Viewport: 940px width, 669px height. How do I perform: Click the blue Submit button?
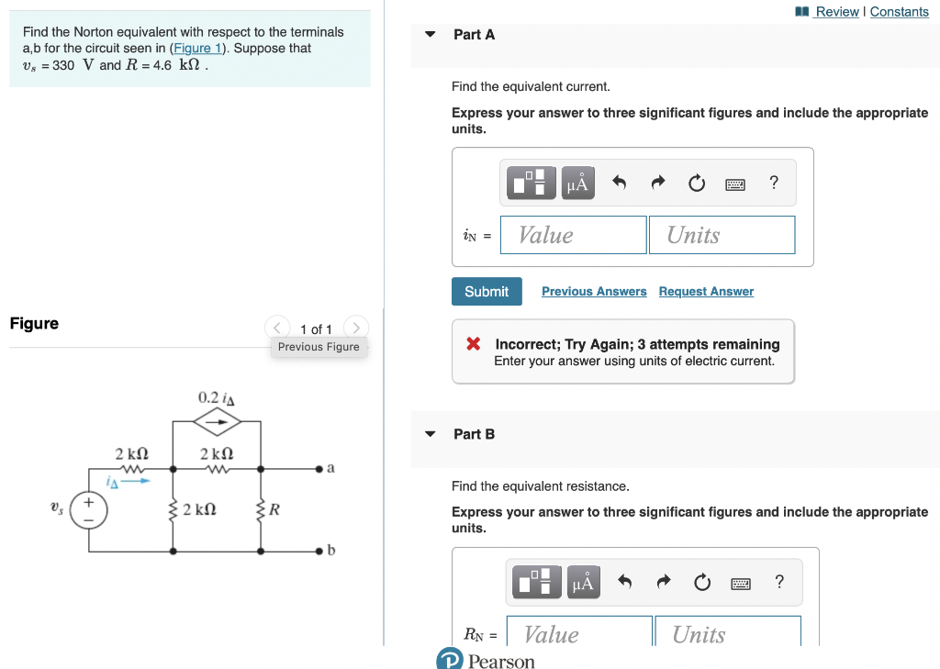(487, 292)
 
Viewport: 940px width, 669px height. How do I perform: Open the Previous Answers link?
(594, 292)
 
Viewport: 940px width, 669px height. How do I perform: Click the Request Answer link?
(706, 292)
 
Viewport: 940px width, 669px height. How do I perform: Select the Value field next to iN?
(574, 235)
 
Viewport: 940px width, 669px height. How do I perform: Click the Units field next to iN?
(722, 235)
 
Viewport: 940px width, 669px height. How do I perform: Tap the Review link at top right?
(836, 12)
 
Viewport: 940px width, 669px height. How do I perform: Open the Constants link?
(899, 12)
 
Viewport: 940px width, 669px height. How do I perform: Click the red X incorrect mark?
(474, 344)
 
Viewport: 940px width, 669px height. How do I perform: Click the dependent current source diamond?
(218, 422)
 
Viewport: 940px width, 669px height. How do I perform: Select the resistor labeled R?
(262, 509)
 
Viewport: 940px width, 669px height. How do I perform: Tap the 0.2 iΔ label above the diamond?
(217, 397)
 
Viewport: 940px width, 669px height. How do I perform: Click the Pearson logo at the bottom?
(486, 660)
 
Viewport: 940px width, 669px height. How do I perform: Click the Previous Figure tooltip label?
(319, 347)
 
